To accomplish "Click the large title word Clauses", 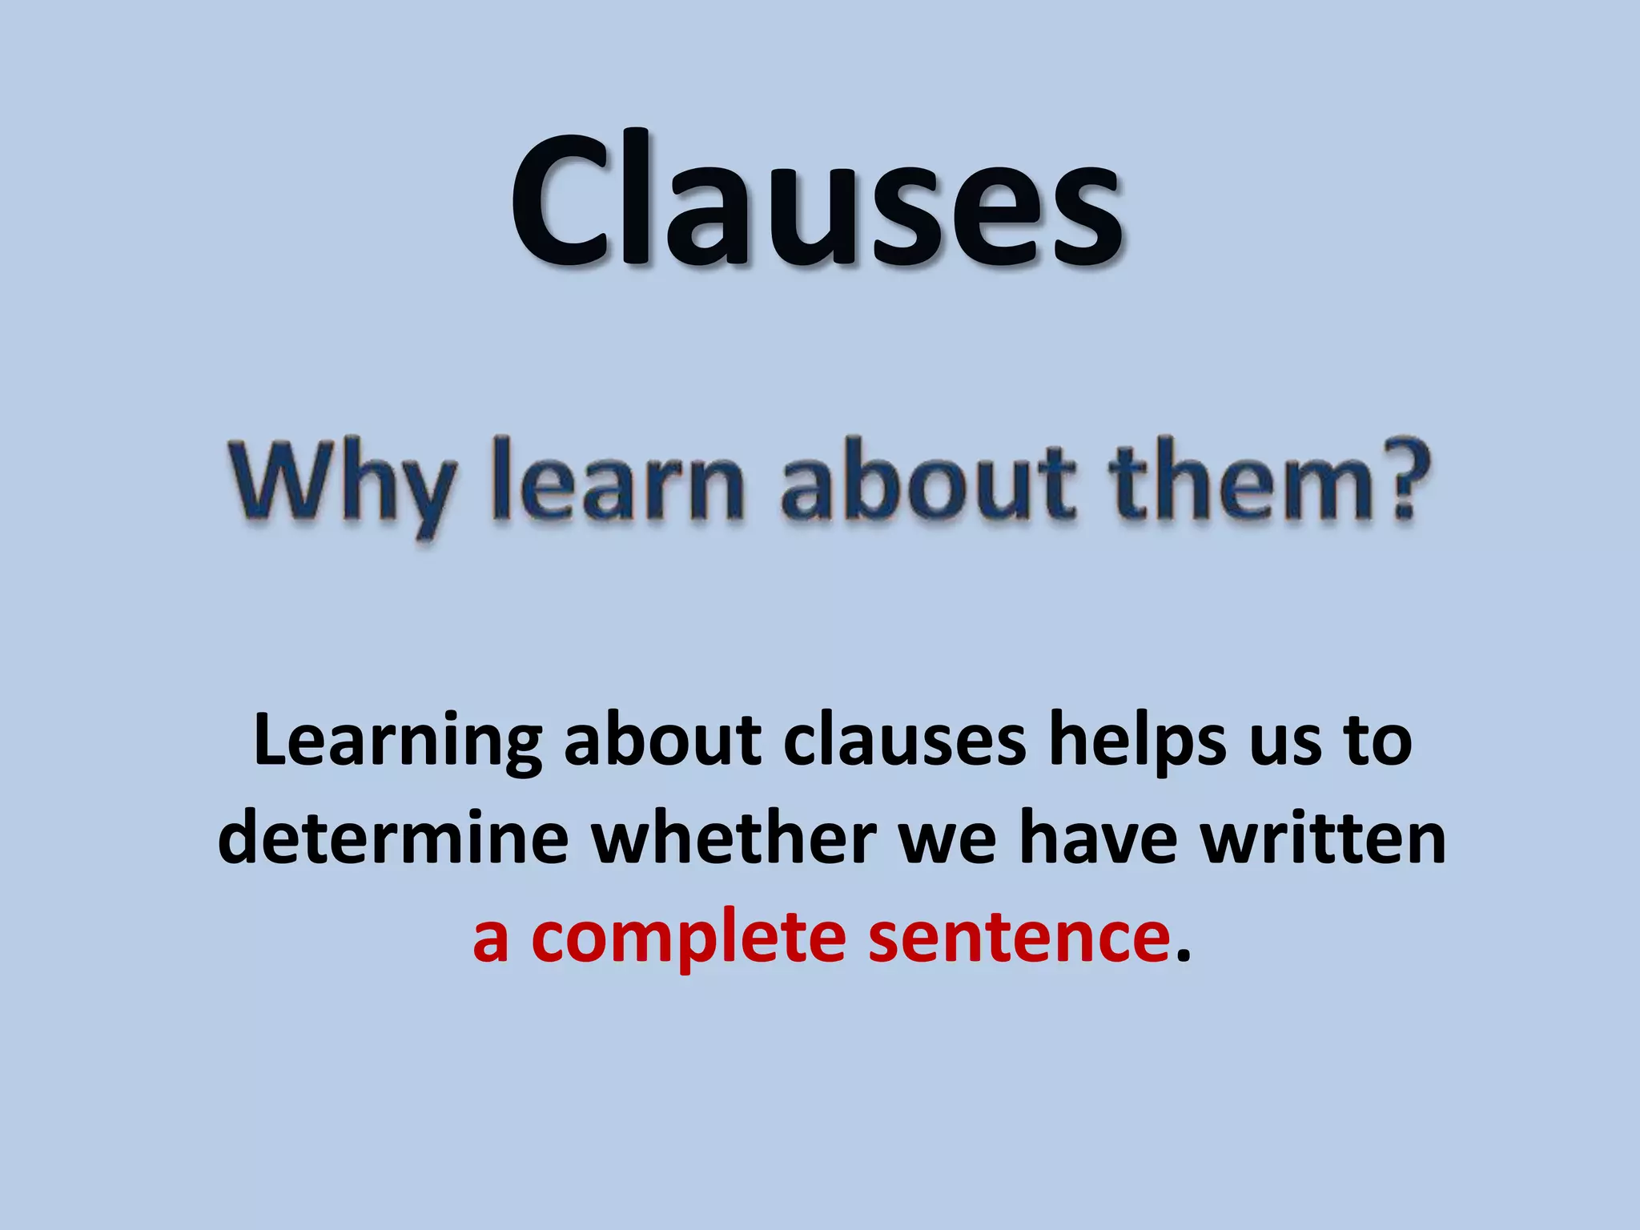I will (817, 200).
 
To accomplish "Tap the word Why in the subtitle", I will (340, 485).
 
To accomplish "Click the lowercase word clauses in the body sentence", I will (905, 740).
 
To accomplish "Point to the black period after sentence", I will (1184, 956).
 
